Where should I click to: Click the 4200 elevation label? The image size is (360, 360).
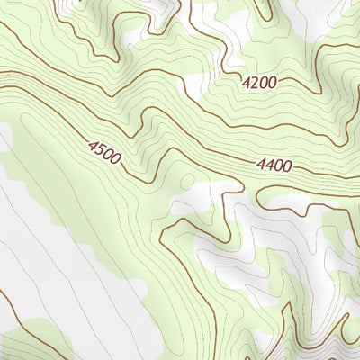point(259,82)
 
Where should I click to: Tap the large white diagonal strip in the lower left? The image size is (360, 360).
point(72,261)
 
